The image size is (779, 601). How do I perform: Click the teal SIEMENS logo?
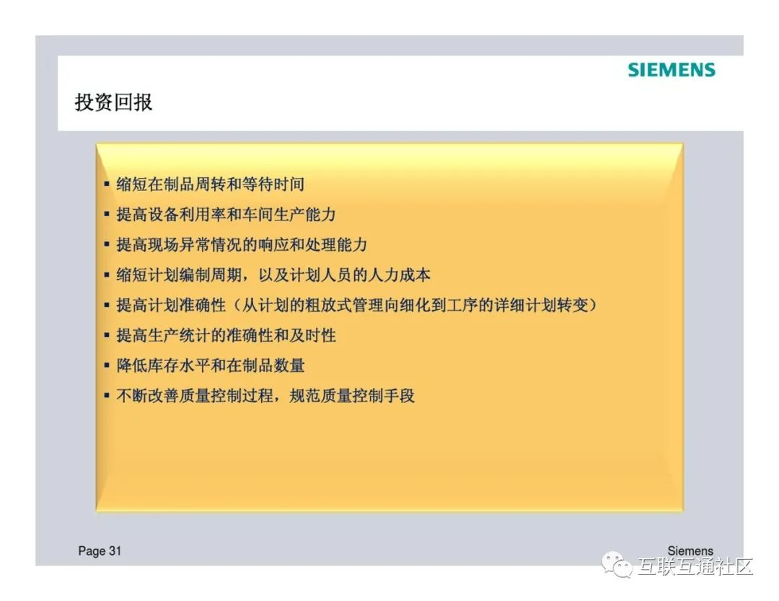click(672, 70)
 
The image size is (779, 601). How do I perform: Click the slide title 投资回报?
click(113, 102)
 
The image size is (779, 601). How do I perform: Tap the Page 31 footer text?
click(100, 551)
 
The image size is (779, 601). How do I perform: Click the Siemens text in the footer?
click(690, 551)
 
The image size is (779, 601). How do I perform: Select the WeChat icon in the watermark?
click(617, 565)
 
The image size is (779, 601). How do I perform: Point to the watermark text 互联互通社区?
click(695, 566)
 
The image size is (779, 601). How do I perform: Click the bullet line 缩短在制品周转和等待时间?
click(210, 184)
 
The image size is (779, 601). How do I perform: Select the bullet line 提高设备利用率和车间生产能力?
click(226, 215)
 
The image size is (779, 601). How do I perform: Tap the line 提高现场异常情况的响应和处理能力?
click(242, 245)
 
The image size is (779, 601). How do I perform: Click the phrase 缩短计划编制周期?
click(179, 275)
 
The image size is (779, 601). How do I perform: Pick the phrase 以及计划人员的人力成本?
click(344, 275)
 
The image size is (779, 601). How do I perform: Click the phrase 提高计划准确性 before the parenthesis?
click(171, 306)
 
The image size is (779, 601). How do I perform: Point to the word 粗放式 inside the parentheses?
click(328, 306)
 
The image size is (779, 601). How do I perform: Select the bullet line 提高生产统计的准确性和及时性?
click(226, 336)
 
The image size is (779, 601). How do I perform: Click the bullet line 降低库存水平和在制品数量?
click(210, 366)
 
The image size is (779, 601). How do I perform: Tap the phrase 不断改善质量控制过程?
click(195, 396)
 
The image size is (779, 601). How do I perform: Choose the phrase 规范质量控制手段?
click(352, 396)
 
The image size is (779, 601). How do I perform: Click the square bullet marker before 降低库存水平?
click(106, 366)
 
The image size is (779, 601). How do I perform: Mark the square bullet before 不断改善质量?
click(106, 396)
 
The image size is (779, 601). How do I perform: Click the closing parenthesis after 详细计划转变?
click(592, 306)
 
